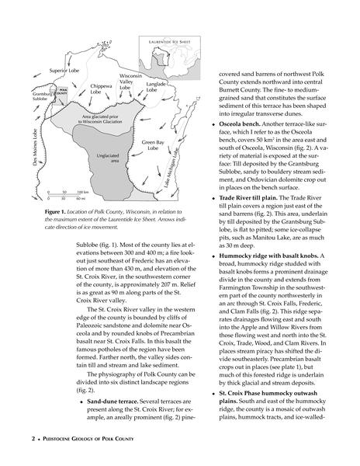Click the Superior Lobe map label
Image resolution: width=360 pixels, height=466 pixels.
64,71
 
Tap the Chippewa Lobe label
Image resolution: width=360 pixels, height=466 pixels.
101,89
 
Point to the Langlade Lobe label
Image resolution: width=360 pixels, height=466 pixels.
155,87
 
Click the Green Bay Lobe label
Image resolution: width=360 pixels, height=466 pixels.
153,145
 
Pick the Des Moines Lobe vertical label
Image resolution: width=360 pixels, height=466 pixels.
36,147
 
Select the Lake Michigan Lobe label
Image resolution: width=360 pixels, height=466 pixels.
171,169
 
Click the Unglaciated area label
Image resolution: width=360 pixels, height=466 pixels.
108,158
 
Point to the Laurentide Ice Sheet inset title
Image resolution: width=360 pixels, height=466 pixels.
169,42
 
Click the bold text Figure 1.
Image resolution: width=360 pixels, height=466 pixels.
55,212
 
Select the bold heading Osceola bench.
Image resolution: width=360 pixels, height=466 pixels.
240,124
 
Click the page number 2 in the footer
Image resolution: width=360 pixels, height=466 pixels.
33,439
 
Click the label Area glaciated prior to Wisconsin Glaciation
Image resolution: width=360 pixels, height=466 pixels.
100,119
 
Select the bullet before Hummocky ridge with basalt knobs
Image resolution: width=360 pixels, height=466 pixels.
213,256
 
